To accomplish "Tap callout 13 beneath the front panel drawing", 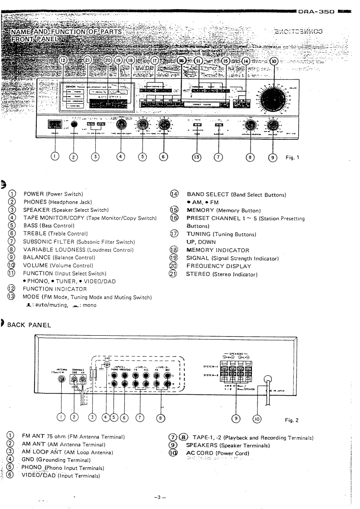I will click(x=197, y=157).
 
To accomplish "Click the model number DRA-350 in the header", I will click(x=316, y=4).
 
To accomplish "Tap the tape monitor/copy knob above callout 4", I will click(x=121, y=124).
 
